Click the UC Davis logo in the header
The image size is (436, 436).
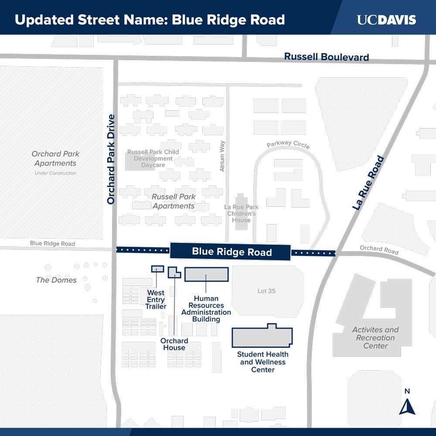click(x=386, y=20)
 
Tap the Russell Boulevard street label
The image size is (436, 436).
click(x=327, y=57)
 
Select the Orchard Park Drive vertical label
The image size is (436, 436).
click(x=111, y=160)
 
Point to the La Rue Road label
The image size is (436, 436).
click(x=369, y=183)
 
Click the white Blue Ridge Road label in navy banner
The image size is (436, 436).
click(x=232, y=252)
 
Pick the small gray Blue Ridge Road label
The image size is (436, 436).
click(x=52, y=244)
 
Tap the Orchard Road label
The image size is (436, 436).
click(x=379, y=250)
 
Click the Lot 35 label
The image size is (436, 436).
click(x=266, y=291)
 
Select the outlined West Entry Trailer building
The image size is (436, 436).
click(x=157, y=269)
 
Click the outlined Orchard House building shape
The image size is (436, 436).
click(x=174, y=272)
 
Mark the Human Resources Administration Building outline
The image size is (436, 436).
click(x=206, y=274)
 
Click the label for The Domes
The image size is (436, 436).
click(x=56, y=280)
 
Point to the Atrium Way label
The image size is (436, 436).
click(x=222, y=156)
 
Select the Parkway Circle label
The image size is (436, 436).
click(x=288, y=145)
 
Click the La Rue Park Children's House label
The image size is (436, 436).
click(x=241, y=214)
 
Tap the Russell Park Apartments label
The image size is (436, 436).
click(x=174, y=201)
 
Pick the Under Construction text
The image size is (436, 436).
click(x=55, y=173)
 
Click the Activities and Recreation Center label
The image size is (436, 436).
click(x=375, y=338)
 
